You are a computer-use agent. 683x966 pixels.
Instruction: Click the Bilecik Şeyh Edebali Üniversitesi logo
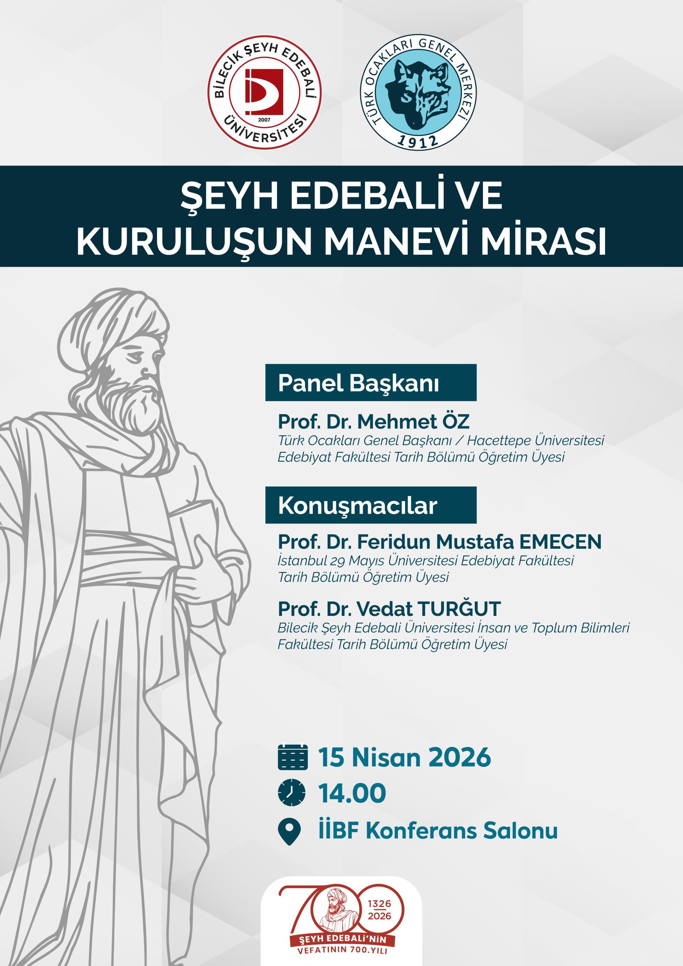tap(265, 93)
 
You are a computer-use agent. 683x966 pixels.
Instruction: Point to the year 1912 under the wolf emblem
tap(418, 141)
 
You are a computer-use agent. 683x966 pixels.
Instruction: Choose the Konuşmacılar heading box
tap(371, 505)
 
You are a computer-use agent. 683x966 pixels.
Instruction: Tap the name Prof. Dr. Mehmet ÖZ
tap(374, 422)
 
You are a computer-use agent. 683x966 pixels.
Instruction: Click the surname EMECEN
tap(561, 542)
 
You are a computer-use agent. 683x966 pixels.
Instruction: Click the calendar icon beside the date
tap(293, 757)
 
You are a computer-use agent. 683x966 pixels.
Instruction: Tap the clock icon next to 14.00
tap(292, 793)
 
